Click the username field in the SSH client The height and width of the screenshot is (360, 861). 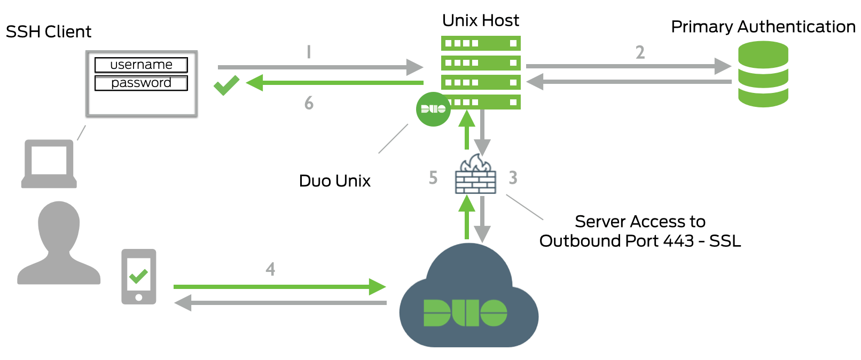pos(141,65)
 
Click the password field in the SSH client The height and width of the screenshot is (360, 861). pos(141,83)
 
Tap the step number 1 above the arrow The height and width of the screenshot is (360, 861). pos(309,52)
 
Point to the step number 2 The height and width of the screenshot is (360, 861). pos(640,52)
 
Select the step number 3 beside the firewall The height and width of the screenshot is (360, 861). pos(513,178)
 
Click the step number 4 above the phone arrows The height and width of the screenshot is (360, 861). pos(270,269)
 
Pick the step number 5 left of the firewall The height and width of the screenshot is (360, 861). pos(433,178)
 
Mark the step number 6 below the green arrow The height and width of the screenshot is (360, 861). pos(309,103)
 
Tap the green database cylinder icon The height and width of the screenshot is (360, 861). pos(763,74)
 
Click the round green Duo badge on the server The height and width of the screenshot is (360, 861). pos(433,109)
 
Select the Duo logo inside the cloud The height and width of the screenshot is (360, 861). pos(465,312)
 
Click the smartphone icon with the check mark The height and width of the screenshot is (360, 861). pos(139,277)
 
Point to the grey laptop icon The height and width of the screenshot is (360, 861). pos(49,163)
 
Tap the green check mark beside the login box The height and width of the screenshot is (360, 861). pos(226,85)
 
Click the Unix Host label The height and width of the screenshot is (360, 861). pos(480,20)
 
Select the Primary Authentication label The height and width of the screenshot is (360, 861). pos(763,27)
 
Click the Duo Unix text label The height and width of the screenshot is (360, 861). pos(334,181)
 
